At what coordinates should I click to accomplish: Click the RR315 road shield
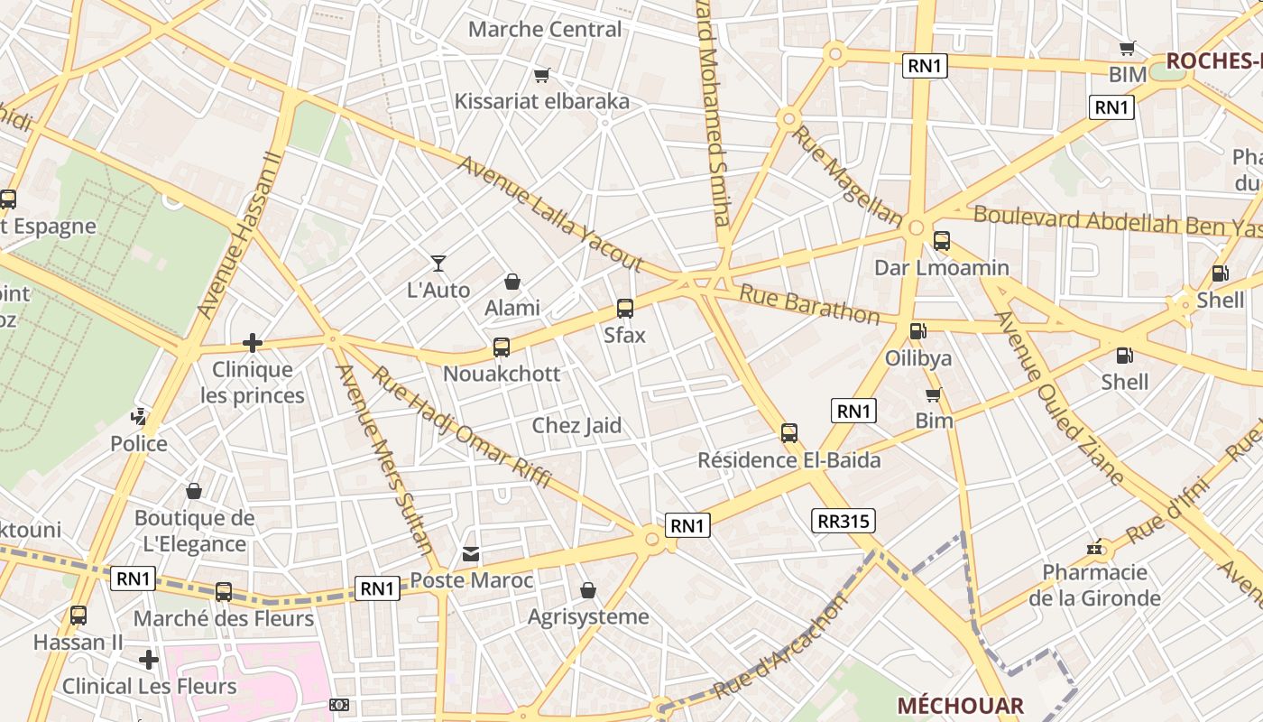(x=844, y=521)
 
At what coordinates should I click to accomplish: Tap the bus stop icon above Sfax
(x=624, y=309)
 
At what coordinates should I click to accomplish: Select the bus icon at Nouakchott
(x=502, y=347)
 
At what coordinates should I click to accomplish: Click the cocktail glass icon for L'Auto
(x=438, y=264)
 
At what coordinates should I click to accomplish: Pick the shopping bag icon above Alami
(x=512, y=282)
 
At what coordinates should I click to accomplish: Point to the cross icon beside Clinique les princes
(x=253, y=343)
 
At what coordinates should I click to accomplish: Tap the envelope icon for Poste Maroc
(x=471, y=553)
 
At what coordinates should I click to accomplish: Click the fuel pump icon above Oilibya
(x=917, y=331)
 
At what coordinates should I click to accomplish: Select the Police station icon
(x=139, y=417)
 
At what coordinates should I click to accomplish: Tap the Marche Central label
(x=545, y=29)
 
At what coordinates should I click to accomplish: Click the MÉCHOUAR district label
(x=960, y=706)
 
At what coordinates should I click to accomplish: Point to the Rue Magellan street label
(x=847, y=176)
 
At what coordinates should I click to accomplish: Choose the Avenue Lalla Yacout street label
(x=549, y=214)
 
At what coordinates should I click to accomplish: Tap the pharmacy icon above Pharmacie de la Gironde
(x=1095, y=547)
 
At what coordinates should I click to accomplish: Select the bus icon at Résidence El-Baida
(x=789, y=433)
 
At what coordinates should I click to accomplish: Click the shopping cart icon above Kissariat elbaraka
(x=541, y=75)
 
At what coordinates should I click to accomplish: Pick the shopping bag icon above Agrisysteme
(x=588, y=590)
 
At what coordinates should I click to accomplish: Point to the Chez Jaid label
(x=576, y=425)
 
